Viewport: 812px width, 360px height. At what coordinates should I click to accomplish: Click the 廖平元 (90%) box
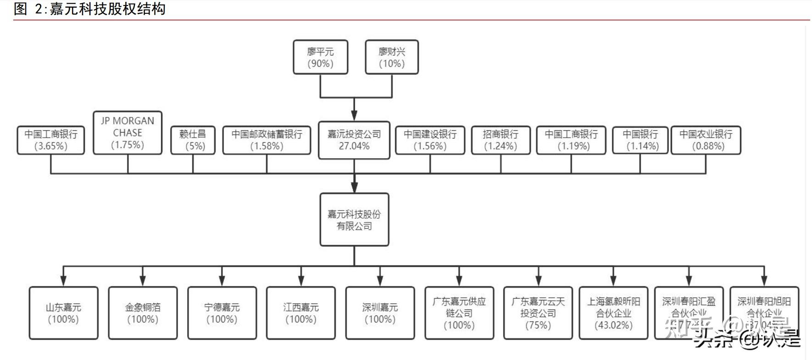click(320, 57)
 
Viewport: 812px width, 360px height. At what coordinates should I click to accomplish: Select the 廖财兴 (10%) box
click(392, 57)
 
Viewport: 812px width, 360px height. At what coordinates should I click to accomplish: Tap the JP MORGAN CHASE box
click(128, 133)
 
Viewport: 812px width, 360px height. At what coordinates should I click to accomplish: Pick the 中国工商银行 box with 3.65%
click(51, 140)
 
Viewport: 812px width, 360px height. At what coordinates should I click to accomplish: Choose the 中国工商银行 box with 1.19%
click(571, 140)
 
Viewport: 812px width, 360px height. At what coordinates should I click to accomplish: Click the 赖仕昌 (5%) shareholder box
click(193, 140)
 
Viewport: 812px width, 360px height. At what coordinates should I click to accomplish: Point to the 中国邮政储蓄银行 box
click(267, 140)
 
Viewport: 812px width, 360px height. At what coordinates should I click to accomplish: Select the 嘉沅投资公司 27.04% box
click(354, 140)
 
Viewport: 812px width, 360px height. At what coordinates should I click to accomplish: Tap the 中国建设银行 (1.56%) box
click(430, 140)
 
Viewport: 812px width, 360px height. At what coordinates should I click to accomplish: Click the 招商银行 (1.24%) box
click(501, 140)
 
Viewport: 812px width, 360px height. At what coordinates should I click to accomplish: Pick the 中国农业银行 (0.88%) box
click(706, 140)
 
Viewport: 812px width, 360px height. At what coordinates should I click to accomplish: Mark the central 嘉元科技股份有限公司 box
click(354, 220)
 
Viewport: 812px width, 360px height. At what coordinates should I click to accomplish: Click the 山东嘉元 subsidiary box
click(63, 313)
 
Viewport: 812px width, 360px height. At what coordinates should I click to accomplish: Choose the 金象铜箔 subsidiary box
click(143, 313)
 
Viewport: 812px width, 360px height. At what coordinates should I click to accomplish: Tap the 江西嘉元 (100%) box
click(301, 313)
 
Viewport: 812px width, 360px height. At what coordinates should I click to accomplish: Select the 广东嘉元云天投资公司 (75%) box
click(538, 313)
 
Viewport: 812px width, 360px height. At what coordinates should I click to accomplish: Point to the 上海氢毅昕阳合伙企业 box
click(613, 313)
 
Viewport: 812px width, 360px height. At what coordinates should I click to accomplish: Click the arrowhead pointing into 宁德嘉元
click(222, 281)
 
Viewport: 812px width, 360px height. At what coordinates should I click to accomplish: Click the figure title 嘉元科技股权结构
click(107, 9)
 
